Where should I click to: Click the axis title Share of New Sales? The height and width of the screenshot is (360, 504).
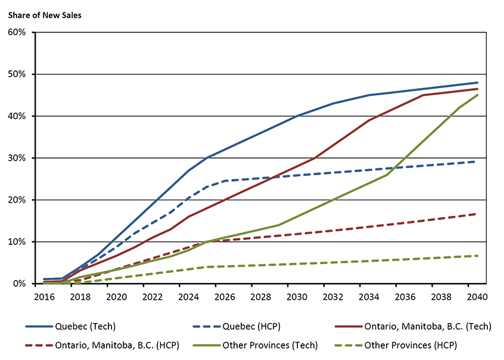tap(45, 15)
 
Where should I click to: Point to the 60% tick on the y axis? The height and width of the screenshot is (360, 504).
tap(18, 32)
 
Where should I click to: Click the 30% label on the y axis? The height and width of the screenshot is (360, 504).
tap(18, 158)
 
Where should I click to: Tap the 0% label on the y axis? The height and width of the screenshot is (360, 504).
tap(21, 284)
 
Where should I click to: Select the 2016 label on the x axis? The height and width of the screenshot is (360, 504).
tap(45, 296)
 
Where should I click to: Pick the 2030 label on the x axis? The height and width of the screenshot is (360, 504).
tap(289, 296)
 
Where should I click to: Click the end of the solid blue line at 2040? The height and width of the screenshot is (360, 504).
tap(477, 83)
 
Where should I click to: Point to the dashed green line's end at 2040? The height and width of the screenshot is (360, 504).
tap(477, 256)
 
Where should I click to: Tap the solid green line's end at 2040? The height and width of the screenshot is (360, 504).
tap(477, 95)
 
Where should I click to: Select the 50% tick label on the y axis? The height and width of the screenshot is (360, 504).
tap(18, 75)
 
